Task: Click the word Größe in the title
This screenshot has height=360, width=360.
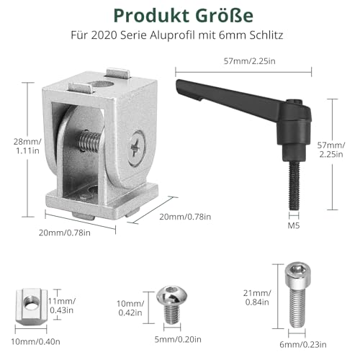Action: click(x=225, y=16)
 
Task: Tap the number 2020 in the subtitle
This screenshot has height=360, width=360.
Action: click(x=104, y=35)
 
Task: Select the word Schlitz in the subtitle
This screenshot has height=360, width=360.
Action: click(x=266, y=35)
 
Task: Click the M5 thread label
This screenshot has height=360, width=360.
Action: click(x=294, y=225)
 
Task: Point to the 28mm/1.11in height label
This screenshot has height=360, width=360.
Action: click(x=27, y=146)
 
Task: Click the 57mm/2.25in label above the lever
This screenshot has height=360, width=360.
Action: click(x=250, y=61)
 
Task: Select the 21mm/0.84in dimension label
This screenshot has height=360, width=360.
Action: click(x=257, y=297)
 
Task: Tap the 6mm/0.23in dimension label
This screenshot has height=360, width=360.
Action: click(x=303, y=345)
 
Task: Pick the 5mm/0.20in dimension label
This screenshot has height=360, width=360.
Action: click(x=178, y=339)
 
